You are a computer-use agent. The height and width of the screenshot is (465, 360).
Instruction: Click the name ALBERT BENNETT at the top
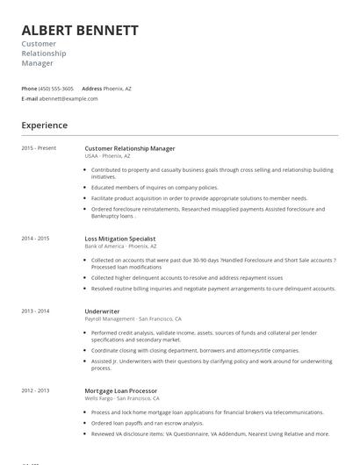tap(80, 30)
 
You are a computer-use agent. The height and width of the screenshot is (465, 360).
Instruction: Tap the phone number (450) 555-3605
tap(57, 89)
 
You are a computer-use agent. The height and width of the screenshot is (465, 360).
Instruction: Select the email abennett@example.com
tap(69, 99)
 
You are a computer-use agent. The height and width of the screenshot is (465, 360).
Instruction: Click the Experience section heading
tap(45, 125)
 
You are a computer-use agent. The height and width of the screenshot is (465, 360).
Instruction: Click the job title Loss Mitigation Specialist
tap(120, 239)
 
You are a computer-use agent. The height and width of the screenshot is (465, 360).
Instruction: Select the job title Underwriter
tap(102, 311)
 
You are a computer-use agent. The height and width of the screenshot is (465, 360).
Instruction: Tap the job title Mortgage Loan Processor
tap(121, 390)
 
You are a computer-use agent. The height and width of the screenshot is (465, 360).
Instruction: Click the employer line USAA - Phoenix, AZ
tap(107, 156)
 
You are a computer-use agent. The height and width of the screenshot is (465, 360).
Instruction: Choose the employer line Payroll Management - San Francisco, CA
tap(133, 319)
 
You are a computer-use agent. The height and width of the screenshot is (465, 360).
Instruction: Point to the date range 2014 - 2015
tap(35, 239)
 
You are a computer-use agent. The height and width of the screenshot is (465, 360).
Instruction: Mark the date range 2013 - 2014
tap(35, 311)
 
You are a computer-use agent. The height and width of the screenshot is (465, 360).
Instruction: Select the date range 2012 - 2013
tap(35, 390)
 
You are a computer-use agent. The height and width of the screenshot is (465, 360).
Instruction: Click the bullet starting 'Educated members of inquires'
tap(155, 188)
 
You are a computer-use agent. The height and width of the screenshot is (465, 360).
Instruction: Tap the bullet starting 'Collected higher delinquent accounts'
tap(187, 277)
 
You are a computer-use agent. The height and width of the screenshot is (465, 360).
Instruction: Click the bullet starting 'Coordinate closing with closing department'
tap(195, 350)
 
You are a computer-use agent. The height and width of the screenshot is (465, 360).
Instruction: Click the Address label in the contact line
tap(92, 89)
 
